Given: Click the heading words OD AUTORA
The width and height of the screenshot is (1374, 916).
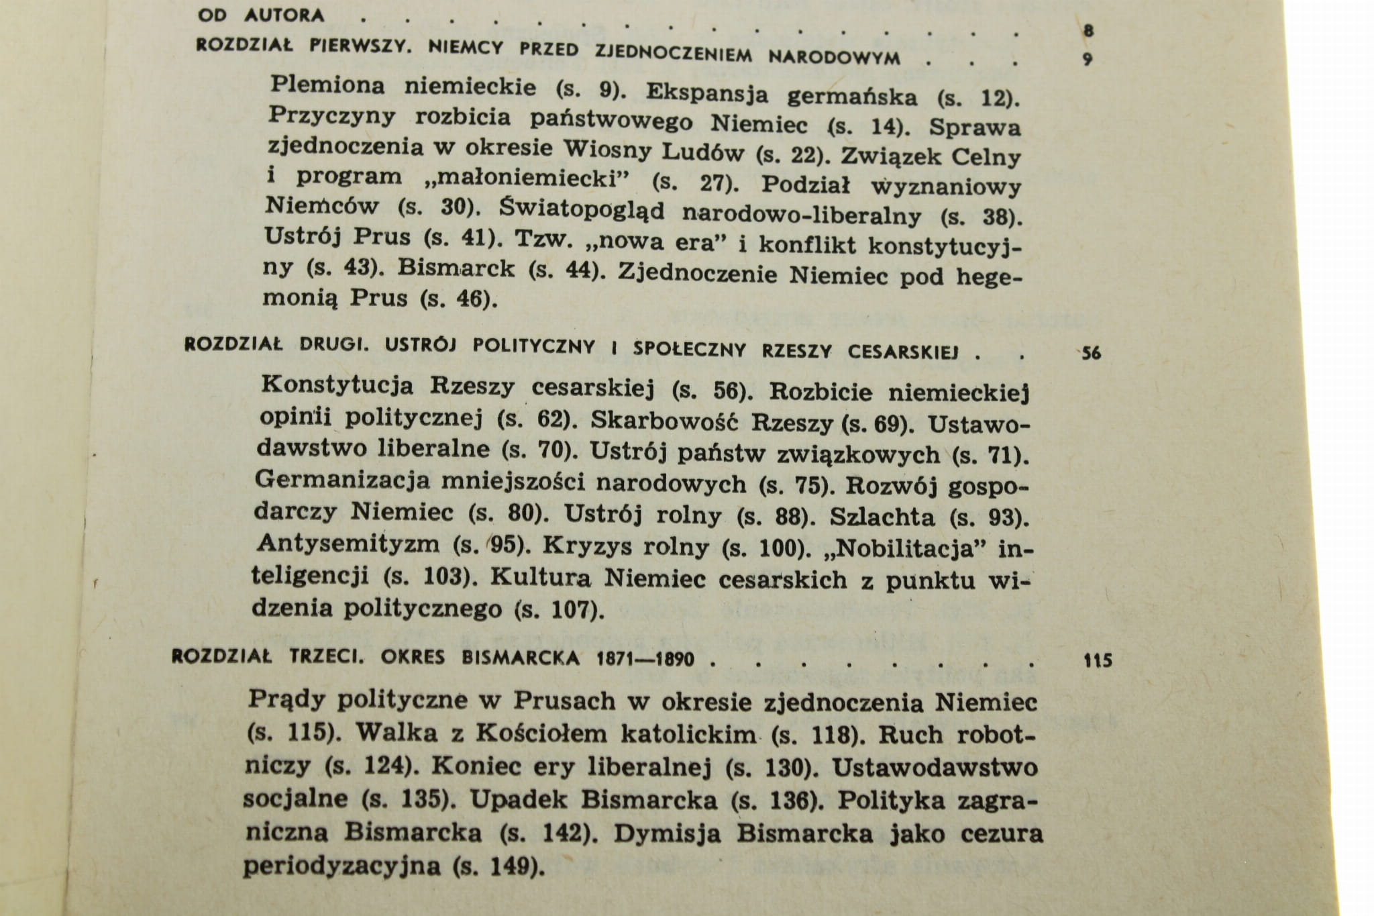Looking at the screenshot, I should tap(262, 14).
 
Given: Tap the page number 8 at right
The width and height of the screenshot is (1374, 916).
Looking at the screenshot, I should tap(1088, 30).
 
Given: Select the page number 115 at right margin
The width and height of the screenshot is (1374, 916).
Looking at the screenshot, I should tap(1098, 661).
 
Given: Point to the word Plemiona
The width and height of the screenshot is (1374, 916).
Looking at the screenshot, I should tap(327, 85).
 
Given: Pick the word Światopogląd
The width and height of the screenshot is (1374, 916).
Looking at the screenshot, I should tap(582, 209).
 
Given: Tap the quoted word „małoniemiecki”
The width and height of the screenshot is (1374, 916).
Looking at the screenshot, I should tap(533, 179).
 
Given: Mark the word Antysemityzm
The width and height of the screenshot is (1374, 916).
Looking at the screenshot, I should tap(348, 543).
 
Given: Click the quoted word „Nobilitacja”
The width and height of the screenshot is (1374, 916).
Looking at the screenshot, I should tap(901, 550).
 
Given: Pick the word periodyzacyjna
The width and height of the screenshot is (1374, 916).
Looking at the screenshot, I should tap(341, 866).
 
